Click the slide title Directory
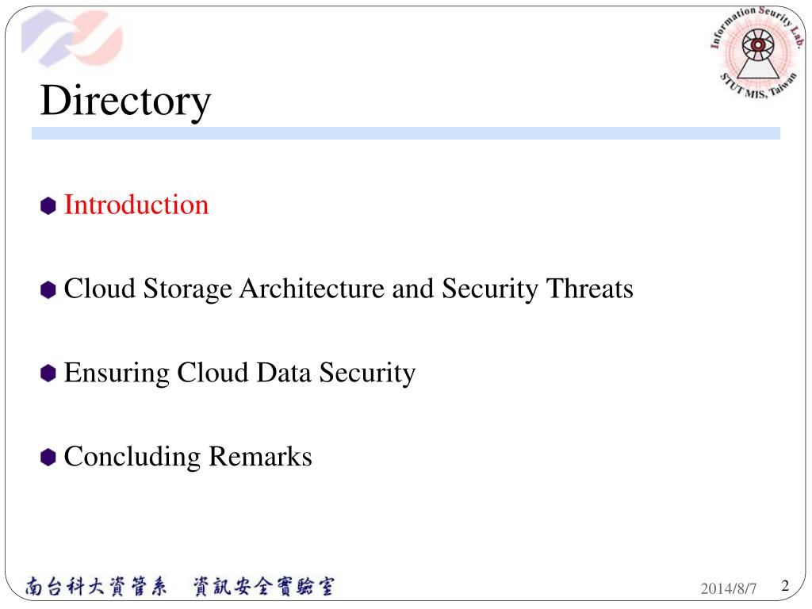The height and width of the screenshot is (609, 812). point(125,101)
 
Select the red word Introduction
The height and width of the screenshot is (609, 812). point(136,205)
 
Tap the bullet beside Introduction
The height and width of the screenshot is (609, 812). point(48,206)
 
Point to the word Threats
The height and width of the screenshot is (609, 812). point(588,289)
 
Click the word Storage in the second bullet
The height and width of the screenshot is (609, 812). point(187,289)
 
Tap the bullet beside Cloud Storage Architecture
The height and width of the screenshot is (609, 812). point(48,290)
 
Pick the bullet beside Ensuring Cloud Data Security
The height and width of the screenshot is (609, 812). point(48,373)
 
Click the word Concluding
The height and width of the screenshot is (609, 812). point(132,457)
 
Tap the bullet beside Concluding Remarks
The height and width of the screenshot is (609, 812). point(48,458)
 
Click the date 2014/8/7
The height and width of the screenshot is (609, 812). point(729,588)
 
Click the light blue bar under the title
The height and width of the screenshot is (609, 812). point(405,133)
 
